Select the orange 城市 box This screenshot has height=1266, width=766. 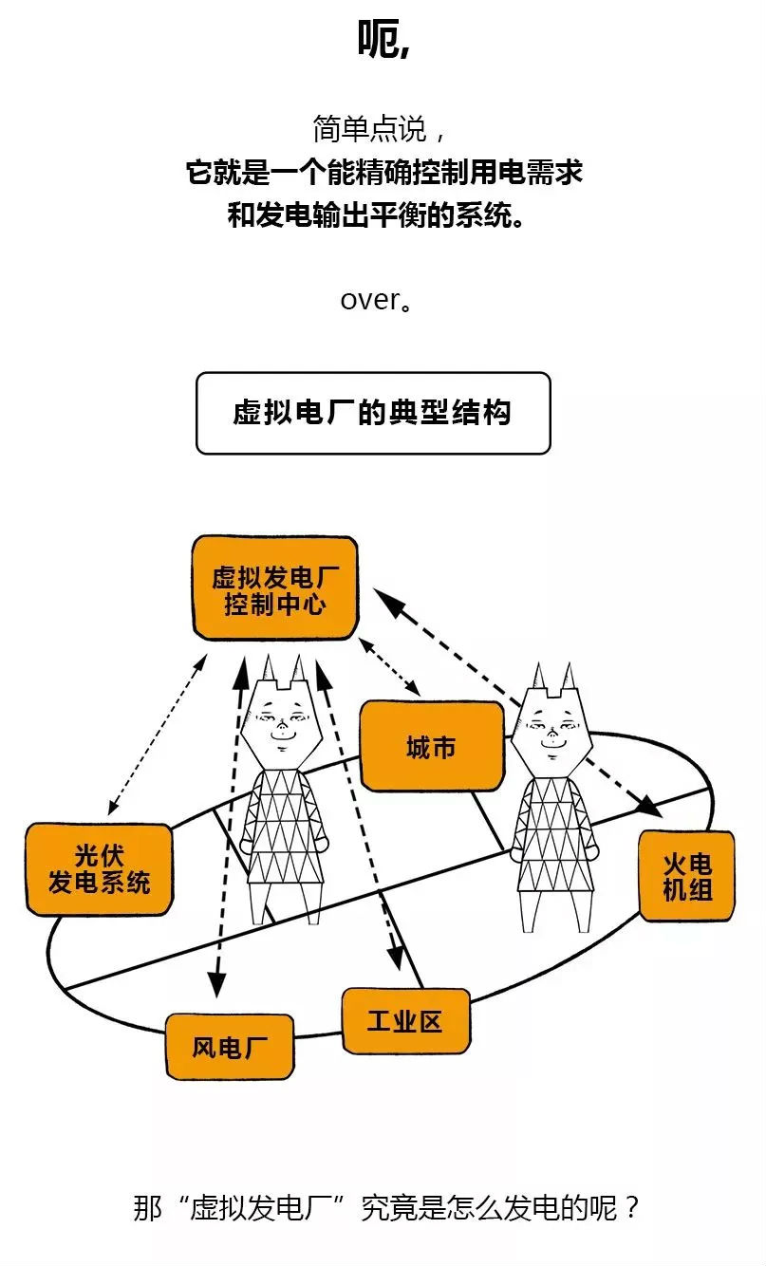click(x=431, y=747)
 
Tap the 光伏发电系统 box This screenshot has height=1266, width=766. click(x=100, y=868)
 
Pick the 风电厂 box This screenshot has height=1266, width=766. click(x=230, y=1047)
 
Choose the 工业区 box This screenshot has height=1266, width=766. click(x=405, y=1021)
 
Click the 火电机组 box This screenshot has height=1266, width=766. click(x=686, y=876)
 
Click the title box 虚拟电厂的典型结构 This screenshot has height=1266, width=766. click(x=372, y=413)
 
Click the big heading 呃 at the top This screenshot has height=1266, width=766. click(x=383, y=40)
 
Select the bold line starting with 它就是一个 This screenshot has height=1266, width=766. click(x=383, y=174)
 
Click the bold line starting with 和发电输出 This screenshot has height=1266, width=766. click(x=376, y=215)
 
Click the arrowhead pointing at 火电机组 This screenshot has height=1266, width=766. click(x=649, y=807)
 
